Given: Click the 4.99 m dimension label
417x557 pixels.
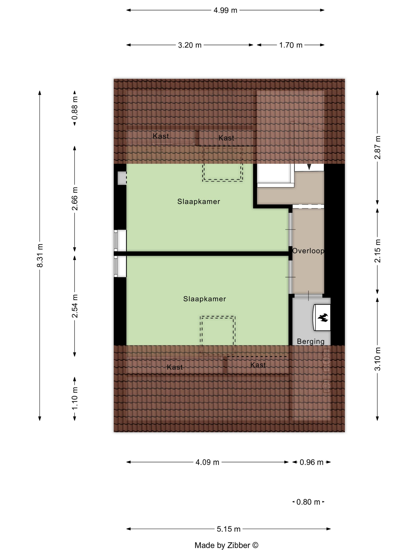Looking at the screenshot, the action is tap(225, 10).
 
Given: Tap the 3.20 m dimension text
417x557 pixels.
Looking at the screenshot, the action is tap(190, 45).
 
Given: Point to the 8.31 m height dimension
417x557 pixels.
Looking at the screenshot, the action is tap(40, 255).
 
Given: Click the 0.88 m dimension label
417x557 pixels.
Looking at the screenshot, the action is tap(75, 108).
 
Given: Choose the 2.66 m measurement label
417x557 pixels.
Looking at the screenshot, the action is tap(75, 199).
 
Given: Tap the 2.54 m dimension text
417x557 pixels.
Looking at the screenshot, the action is tap(75, 306).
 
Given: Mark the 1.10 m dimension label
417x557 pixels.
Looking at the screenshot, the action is tap(75, 398).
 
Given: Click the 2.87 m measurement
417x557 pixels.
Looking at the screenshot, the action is tap(377, 148).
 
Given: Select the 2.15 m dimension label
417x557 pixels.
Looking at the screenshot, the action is tap(377, 251).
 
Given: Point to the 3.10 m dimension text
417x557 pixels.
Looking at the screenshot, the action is tap(377, 359).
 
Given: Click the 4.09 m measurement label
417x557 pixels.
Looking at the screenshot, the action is tap(207, 462).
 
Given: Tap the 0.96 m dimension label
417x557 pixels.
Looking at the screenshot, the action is tap(311, 462).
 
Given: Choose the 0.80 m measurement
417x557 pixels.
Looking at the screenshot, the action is tap(308, 502).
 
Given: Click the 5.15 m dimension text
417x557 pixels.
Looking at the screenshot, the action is tap(229, 529).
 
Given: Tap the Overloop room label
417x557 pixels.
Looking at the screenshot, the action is tap(308, 251).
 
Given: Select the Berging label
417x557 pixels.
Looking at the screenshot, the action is tap(311, 341).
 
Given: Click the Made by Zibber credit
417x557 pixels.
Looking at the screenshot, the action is tap(226, 545).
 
